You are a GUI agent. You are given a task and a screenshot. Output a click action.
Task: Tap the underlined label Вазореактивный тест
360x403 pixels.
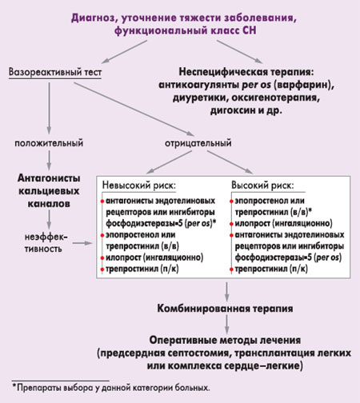55,72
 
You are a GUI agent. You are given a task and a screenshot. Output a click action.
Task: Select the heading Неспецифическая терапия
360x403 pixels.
246,72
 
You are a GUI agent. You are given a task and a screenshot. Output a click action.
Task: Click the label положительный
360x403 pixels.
49,143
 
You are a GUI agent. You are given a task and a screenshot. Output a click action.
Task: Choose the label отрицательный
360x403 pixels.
198,143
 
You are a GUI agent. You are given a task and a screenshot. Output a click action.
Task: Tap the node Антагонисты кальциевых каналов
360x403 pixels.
49,191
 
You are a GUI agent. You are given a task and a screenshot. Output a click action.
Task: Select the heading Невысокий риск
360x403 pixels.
139,186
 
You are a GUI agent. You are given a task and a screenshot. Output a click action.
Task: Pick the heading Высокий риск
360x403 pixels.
262,186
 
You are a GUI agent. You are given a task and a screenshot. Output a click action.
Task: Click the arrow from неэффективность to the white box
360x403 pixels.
82,243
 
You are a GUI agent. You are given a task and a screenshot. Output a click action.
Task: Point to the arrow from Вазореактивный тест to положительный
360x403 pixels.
49,108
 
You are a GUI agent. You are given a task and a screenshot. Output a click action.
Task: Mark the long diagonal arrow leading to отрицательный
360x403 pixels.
134,110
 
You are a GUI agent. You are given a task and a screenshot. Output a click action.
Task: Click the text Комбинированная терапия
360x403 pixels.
225,309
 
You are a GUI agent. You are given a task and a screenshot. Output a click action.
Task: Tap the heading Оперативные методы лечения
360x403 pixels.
225,340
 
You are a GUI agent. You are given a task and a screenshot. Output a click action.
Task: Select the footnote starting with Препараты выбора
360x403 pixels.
111,388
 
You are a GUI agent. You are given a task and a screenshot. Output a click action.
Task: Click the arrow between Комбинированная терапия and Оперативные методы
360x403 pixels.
227,325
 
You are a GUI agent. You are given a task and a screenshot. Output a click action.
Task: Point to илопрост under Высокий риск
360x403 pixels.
252,223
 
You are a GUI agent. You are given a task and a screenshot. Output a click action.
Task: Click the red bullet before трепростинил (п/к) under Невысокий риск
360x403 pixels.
102,269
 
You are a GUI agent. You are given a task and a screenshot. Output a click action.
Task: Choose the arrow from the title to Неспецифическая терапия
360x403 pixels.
239,52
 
